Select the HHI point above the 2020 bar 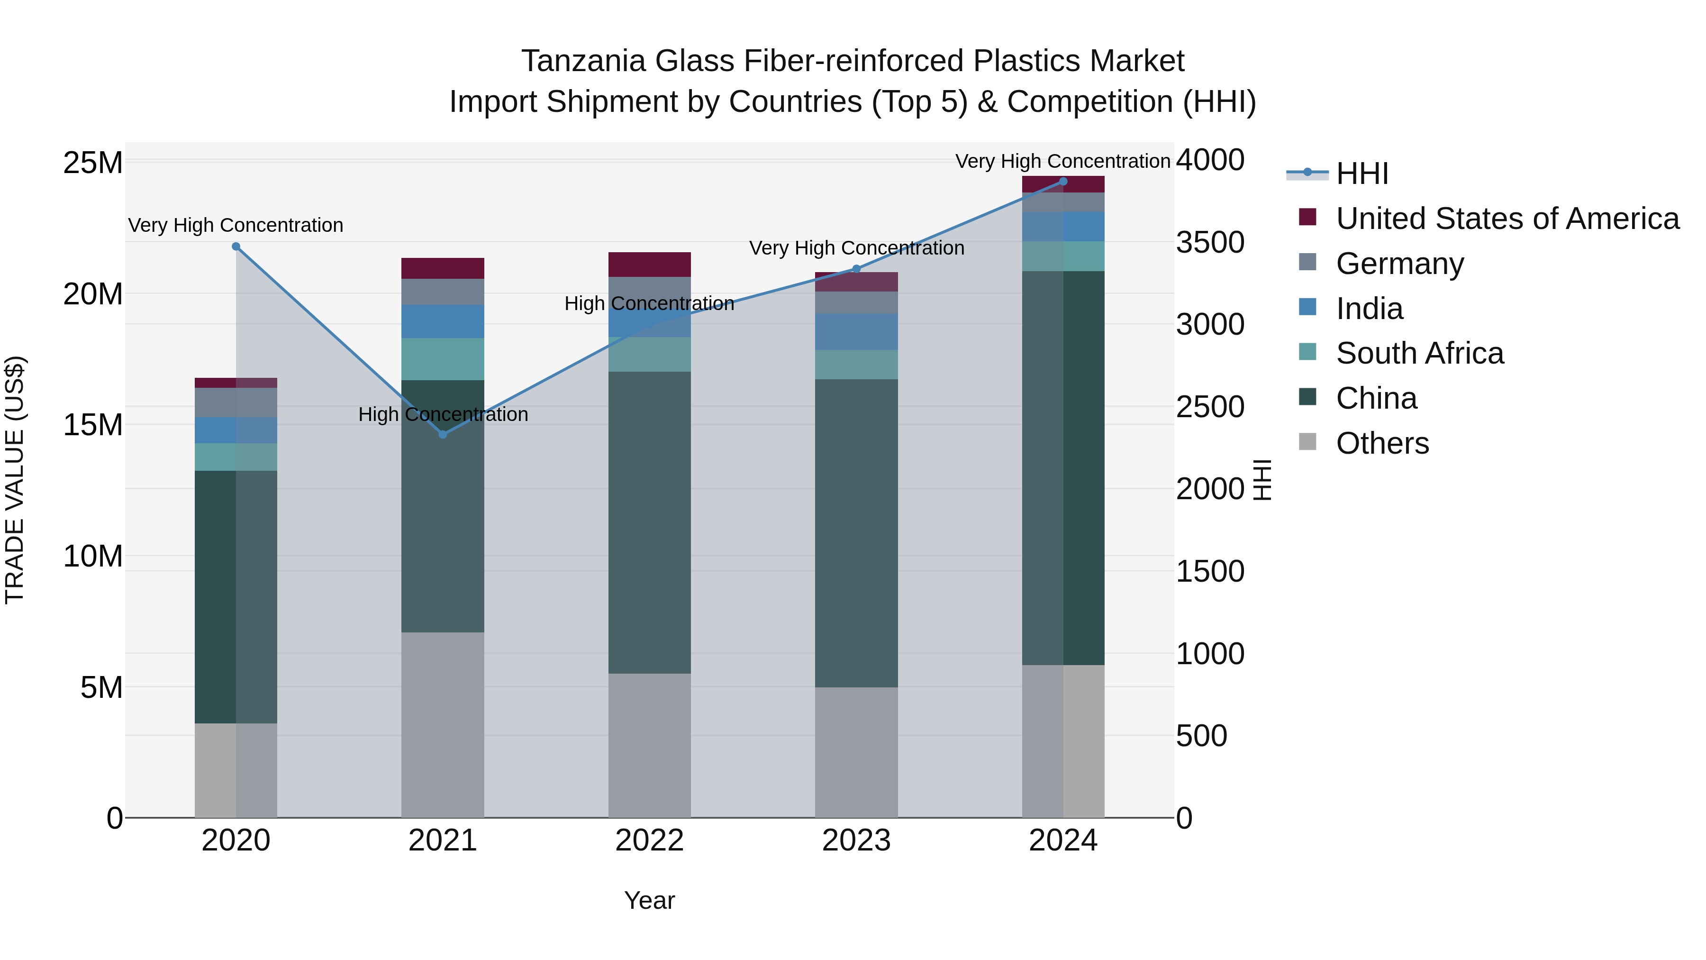236,247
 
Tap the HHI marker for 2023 856,269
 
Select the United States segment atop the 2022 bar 650,265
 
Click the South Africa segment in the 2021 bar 443,359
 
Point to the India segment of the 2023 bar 856,331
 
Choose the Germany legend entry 1399,264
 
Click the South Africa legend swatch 1307,352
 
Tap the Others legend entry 1382,443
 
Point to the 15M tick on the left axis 93,425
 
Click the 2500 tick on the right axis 1210,407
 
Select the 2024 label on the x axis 1063,841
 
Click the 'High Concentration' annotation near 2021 443,415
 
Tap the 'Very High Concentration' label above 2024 1062,161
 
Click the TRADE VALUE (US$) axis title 15,480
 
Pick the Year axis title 649,900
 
